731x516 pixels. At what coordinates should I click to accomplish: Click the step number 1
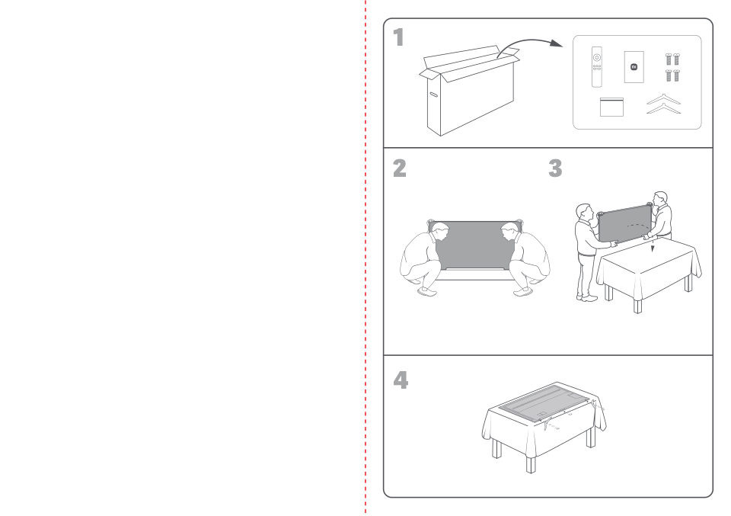pos(398,37)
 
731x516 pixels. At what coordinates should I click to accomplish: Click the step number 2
pos(400,168)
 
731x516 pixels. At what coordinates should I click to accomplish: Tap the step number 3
pos(555,168)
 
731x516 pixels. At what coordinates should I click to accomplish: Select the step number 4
pos(401,380)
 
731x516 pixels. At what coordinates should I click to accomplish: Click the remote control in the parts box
pos(597,67)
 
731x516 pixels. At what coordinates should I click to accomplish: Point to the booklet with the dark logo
pos(634,67)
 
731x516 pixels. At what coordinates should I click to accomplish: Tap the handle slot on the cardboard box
pos(433,95)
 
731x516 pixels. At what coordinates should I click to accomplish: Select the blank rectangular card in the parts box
pos(611,107)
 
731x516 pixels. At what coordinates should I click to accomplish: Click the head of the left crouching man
pos(439,232)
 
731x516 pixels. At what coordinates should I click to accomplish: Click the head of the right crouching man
pos(509,232)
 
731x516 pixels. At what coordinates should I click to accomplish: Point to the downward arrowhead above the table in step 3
pos(653,248)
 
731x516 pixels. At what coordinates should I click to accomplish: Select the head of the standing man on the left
pos(584,212)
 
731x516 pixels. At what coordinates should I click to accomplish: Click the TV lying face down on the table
pos(544,403)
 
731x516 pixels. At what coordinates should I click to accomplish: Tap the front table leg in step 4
pos(531,465)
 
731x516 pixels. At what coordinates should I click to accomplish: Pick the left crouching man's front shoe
pos(427,292)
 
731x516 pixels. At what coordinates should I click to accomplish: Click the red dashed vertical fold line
pos(365,258)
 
